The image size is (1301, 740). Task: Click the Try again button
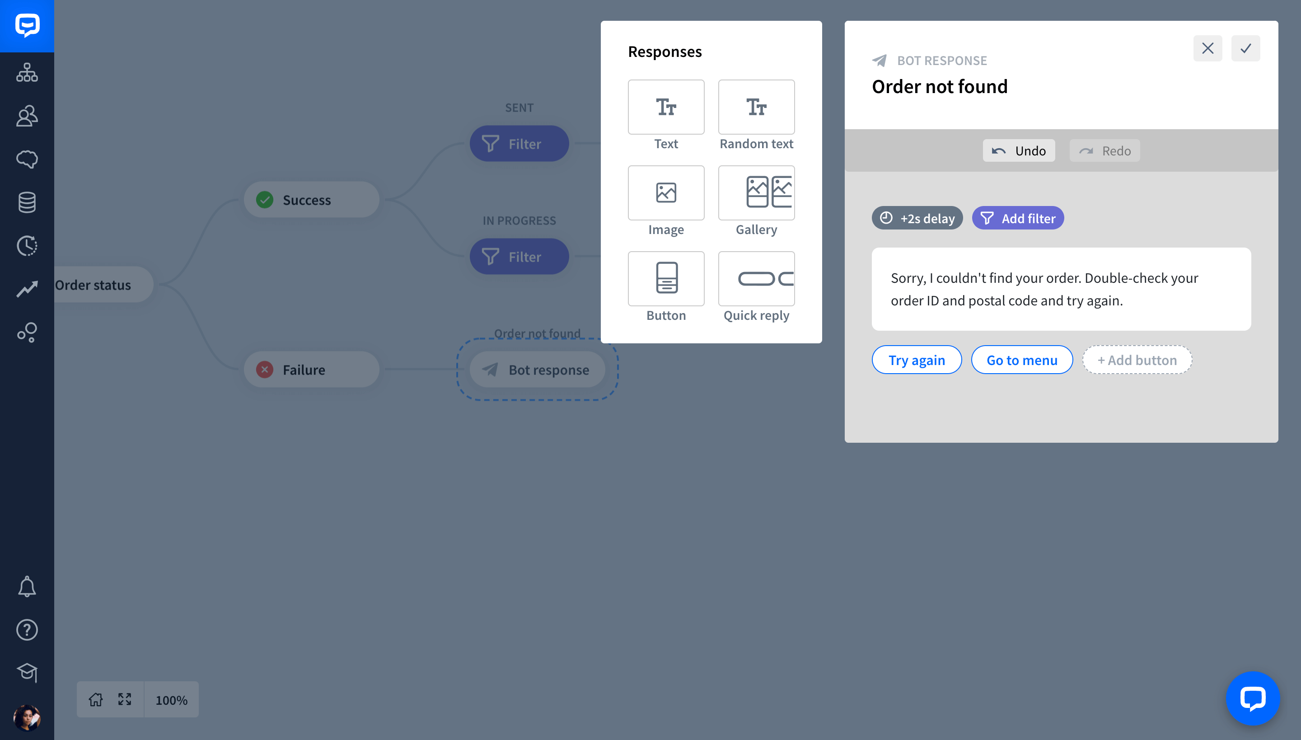(x=916, y=360)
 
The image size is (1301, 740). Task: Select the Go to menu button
(x=1021, y=360)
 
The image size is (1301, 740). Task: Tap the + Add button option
(x=1137, y=360)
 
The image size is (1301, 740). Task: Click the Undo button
(x=1018, y=150)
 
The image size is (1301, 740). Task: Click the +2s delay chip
(x=917, y=218)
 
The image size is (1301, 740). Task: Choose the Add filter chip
(x=1018, y=218)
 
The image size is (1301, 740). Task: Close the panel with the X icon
(x=1207, y=48)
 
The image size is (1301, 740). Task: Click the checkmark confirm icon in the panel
(x=1245, y=48)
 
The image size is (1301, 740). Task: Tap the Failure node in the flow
(x=311, y=370)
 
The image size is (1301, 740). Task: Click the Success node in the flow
(x=311, y=200)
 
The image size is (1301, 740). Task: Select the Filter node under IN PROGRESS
(x=519, y=257)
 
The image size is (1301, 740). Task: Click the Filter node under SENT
(x=519, y=144)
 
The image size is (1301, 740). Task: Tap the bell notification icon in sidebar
(x=27, y=586)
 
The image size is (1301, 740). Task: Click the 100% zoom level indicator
(x=171, y=700)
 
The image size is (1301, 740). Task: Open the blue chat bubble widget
(x=1253, y=698)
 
